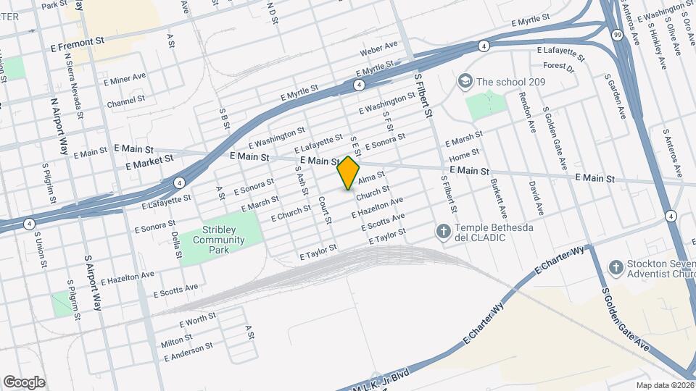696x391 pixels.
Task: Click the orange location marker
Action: click(x=349, y=172)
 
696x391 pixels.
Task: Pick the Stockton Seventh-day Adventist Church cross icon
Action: click(x=616, y=268)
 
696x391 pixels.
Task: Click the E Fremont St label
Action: click(x=83, y=43)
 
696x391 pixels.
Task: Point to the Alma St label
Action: click(x=370, y=177)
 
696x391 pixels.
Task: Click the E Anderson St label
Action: click(x=188, y=352)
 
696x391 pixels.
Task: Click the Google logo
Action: click(x=24, y=382)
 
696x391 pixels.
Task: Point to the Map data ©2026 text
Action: click(x=664, y=385)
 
